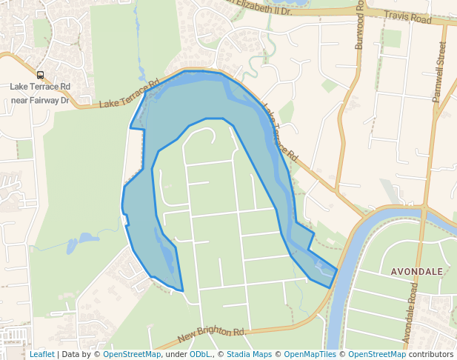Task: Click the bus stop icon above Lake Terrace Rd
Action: [x=40, y=75]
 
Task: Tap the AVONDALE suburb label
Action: [x=417, y=272]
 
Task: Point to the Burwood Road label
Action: [x=359, y=26]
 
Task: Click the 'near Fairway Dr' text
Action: [x=40, y=99]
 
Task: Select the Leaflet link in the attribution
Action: [x=41, y=354]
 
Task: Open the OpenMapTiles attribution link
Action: [x=311, y=354]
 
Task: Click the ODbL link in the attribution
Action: [x=200, y=354]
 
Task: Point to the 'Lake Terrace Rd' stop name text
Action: [x=40, y=87]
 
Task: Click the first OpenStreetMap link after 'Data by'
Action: [x=132, y=354]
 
